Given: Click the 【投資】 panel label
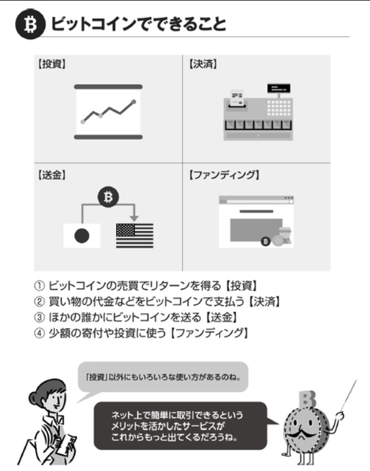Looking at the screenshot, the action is coord(52,64).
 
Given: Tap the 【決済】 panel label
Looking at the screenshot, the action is coord(203,64).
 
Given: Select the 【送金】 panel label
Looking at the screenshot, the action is coord(52,175).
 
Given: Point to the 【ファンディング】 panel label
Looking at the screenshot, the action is coord(224,175).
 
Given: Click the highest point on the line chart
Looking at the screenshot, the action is coord(134,102).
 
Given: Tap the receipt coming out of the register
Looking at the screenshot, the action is coord(237,98).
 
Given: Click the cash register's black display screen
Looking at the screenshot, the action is coord(279,88).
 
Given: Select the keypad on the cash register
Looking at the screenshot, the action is coord(279,108).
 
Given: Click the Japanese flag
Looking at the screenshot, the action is coord(82,236).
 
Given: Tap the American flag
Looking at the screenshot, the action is coord(135,236).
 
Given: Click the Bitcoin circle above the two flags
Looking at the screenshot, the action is coord(108,197).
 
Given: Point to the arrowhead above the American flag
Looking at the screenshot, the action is coord(134,218).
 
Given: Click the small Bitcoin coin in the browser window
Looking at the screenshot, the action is coord(265,241).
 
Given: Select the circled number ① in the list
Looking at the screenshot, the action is coord(39,286).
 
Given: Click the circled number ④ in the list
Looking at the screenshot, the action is coord(39,333).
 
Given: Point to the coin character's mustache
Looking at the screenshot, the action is coord(302,434).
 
